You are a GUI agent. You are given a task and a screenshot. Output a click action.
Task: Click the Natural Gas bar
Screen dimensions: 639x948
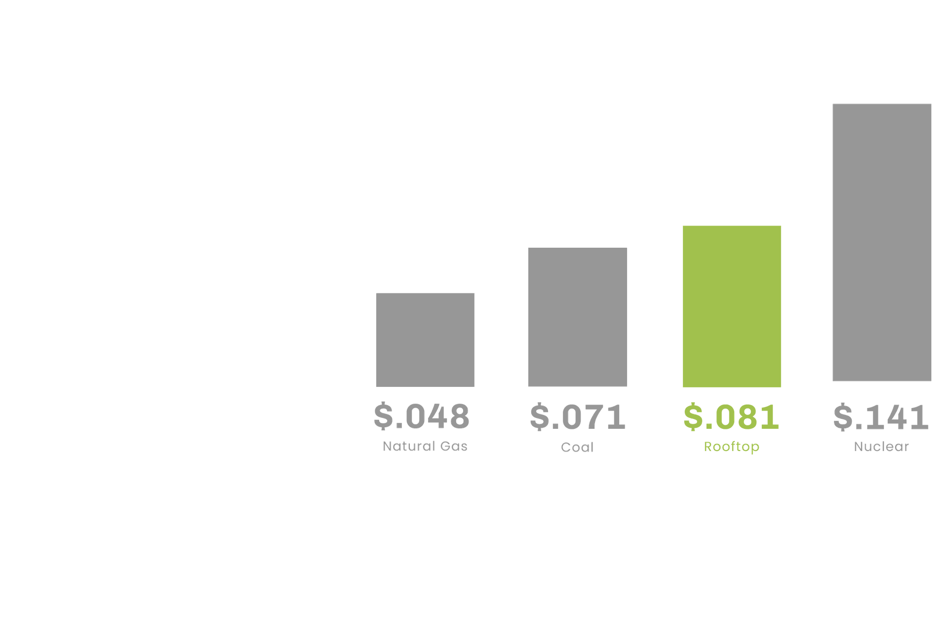(425, 339)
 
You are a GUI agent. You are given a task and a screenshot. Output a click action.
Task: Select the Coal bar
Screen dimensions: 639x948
(578, 317)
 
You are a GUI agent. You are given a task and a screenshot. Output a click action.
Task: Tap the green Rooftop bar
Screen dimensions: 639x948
(732, 306)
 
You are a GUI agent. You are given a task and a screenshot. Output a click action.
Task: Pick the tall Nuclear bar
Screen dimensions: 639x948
(882, 242)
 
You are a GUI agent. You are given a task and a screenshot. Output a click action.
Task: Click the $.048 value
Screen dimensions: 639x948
(422, 416)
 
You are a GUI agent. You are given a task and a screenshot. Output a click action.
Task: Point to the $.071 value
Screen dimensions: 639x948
(577, 416)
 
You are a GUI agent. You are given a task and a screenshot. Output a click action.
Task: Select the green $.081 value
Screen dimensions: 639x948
(731, 416)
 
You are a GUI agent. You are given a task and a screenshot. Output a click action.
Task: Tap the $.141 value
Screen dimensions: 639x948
(881, 416)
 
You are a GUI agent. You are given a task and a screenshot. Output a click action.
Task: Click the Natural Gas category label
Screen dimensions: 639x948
(425, 446)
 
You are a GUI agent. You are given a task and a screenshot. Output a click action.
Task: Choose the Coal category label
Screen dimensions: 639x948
(577, 447)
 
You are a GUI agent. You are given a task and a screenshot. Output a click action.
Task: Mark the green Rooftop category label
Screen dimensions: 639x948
(731, 447)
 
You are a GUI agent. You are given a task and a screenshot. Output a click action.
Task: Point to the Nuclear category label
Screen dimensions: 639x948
(881, 447)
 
